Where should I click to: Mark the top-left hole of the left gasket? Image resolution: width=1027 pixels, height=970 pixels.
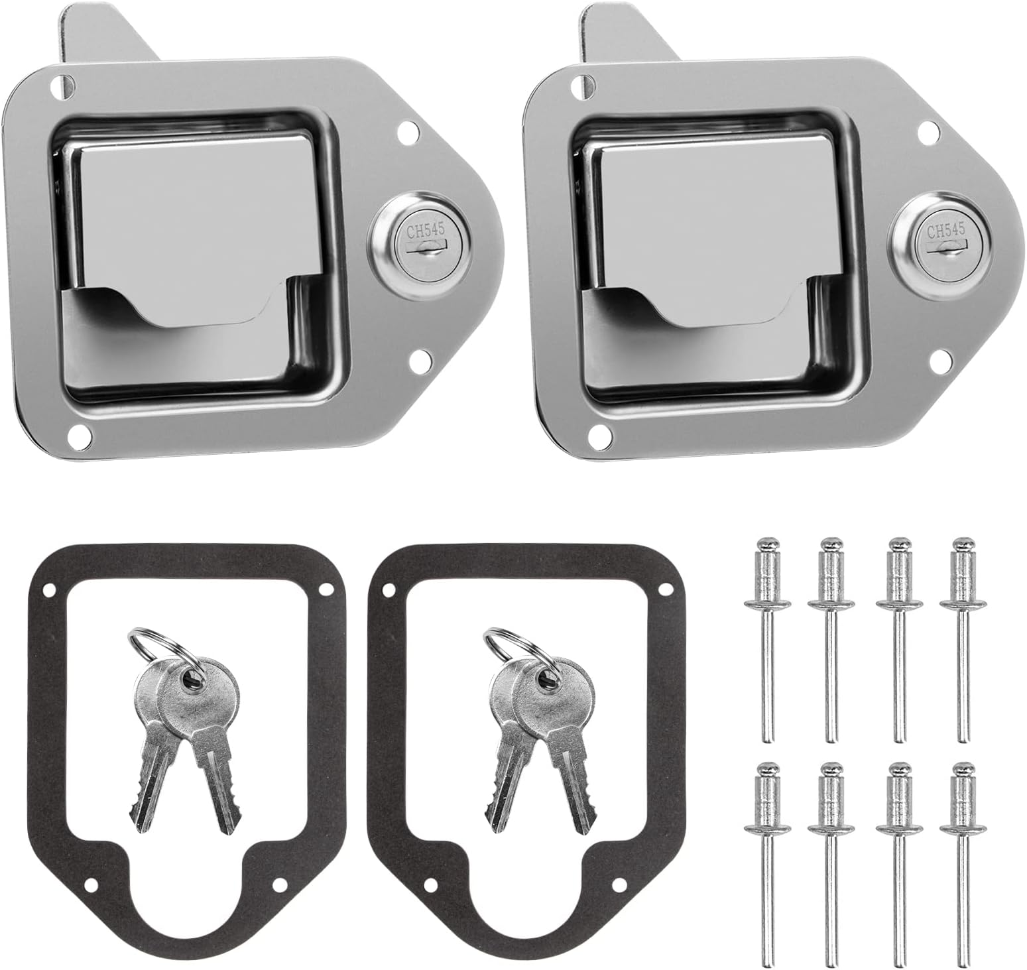pyautogui.click(x=48, y=589)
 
